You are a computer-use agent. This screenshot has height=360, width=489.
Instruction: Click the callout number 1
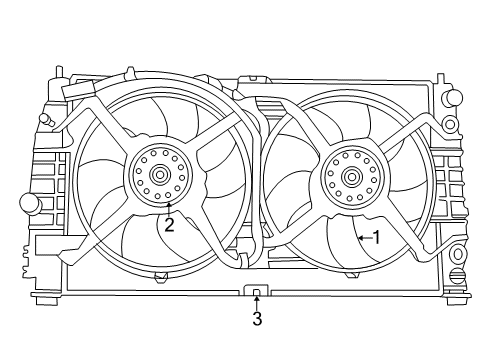[x=376, y=238]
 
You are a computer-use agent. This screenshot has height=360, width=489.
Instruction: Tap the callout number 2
[x=169, y=226]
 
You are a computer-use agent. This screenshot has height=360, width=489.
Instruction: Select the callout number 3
[x=257, y=320]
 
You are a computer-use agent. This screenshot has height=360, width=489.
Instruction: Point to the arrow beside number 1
[x=362, y=238]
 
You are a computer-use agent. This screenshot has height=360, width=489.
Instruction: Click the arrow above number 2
[x=169, y=208]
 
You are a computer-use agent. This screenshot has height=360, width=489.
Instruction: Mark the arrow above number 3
[x=257, y=300]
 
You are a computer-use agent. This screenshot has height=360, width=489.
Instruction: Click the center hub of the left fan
[x=160, y=176]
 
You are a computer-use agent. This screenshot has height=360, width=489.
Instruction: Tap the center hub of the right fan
[x=351, y=178]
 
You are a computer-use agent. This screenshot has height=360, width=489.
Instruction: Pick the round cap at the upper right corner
[x=453, y=98]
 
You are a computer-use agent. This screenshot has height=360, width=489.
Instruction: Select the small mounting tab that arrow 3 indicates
[x=257, y=291]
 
